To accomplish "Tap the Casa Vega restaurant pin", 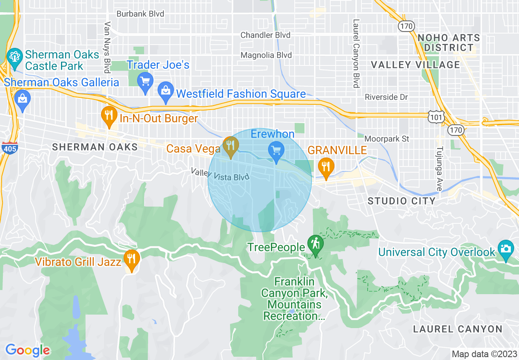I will pos(231,145).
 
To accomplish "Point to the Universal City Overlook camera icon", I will pos(506,249).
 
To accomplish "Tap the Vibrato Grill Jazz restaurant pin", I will pos(131,259).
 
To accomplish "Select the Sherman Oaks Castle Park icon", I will pos(15,56).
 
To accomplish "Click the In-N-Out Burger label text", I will pos(159,119).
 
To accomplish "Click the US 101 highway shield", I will pos(434,117).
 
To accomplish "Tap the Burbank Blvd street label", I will pos(140,14).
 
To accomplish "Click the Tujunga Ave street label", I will pos(439,169).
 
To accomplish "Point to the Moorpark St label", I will pos(386,139).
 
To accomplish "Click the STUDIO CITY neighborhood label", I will pos(401,201).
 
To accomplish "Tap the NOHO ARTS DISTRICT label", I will pos(449,43).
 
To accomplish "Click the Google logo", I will pos(27,350).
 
